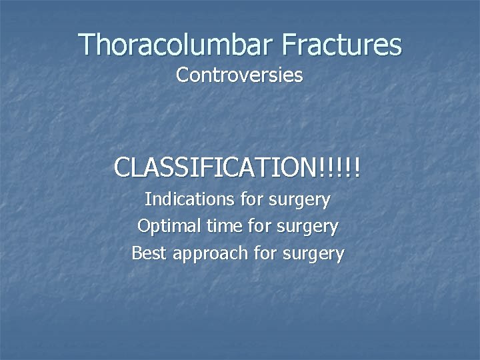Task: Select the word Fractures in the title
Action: click(x=341, y=45)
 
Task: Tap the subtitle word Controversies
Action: click(x=239, y=75)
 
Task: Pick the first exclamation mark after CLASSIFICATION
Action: click(x=323, y=167)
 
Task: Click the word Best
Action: click(x=147, y=253)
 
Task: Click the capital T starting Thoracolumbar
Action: click(x=87, y=45)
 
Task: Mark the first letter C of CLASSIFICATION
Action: click(x=122, y=167)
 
